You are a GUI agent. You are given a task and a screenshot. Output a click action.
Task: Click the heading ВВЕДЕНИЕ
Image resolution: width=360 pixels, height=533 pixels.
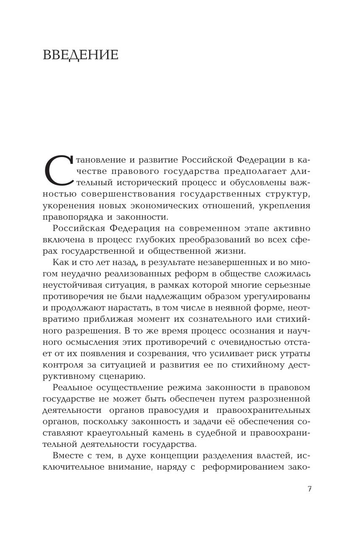click(x=81, y=55)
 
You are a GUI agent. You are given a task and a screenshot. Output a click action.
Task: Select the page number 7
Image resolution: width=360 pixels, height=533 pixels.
click(x=310, y=489)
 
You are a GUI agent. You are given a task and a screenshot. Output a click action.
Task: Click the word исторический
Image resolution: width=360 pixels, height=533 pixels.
click(x=150, y=183)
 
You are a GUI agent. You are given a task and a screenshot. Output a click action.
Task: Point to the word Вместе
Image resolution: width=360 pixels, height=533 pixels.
click(x=67, y=455)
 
